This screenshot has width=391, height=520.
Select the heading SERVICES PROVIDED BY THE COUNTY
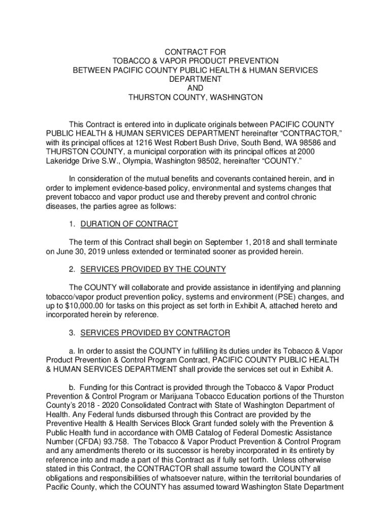[153, 269]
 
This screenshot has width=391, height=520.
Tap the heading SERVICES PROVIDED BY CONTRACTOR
[155, 333]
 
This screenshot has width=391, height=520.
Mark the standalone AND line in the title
[195, 88]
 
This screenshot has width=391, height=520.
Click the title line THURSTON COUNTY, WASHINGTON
[195, 97]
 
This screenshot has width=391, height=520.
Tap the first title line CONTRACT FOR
[195, 52]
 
